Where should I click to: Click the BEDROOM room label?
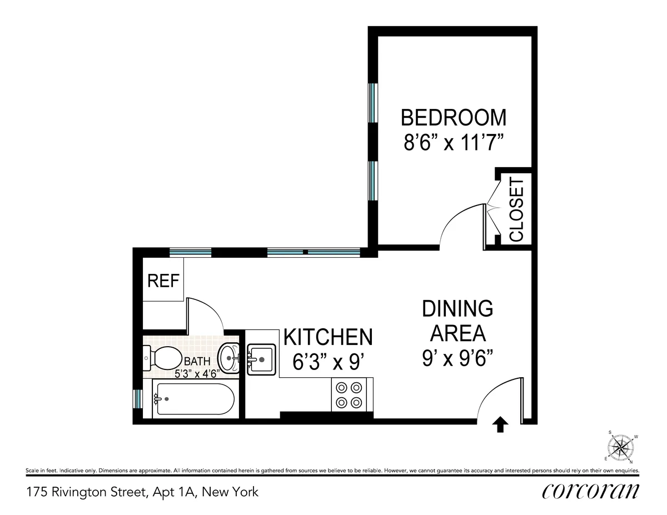tap(454, 118)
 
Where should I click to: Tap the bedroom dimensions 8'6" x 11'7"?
tap(454, 143)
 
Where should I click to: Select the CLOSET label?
tap(516, 210)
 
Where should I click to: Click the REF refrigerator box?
tap(163, 281)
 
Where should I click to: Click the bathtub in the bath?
tap(193, 399)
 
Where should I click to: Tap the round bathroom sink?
tap(228, 356)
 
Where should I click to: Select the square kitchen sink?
tap(261, 359)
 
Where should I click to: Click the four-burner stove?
tap(349, 395)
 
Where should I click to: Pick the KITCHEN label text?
tap(328, 337)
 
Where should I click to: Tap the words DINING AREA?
tap(457, 321)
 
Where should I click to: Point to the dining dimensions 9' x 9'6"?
tap(457, 359)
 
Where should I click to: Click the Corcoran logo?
tap(590, 491)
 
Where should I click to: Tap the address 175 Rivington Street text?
tap(142, 492)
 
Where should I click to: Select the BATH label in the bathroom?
tap(197, 361)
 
